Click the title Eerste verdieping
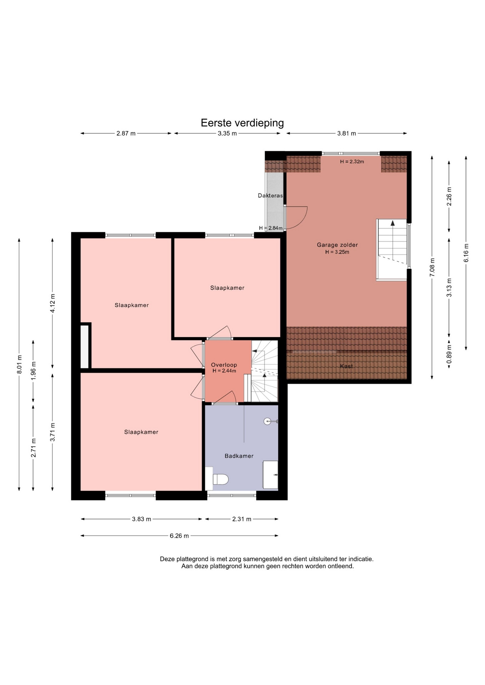(242, 123)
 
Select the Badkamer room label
(239, 456)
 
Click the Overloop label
(224, 365)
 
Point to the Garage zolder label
(337, 245)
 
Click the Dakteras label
(270, 196)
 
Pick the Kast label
(346, 366)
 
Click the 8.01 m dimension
(19, 364)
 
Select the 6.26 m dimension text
(179, 536)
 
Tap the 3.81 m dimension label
(346, 133)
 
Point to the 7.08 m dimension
(432, 267)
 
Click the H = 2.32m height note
(352, 162)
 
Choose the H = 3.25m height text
(337, 252)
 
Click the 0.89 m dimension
(449, 354)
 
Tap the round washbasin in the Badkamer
(268, 421)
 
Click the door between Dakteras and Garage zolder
(296, 218)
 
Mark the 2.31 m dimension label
(242, 519)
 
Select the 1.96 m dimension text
(34, 371)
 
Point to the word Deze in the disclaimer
(166, 559)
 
